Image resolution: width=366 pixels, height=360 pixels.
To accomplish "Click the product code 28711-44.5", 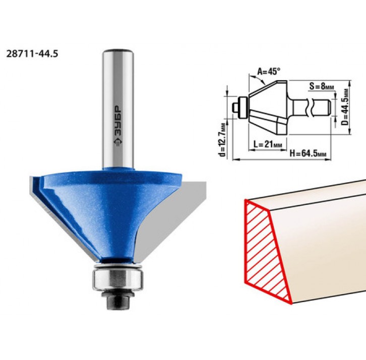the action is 32,54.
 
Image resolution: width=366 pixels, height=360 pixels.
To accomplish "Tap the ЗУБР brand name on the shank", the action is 118,122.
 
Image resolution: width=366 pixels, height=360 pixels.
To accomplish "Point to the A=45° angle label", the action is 269,71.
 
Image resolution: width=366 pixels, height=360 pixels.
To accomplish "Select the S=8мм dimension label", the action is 322,86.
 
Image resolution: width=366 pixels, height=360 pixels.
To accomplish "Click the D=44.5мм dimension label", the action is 345,107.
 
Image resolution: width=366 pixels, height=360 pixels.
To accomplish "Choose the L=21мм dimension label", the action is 268,145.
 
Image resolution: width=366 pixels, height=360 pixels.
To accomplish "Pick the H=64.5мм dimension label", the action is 308,154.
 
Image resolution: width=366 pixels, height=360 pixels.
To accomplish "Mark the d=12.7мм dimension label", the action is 223,140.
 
